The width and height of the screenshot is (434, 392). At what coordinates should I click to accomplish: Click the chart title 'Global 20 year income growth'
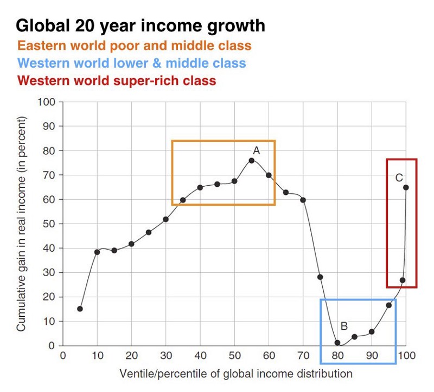click(x=141, y=25)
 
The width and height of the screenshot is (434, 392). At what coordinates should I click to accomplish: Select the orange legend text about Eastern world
click(x=135, y=45)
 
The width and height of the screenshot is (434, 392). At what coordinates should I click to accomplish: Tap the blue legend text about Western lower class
click(x=132, y=63)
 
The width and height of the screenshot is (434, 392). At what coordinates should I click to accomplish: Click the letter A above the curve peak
click(x=256, y=151)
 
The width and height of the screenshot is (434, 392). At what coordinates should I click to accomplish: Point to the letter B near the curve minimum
click(x=343, y=326)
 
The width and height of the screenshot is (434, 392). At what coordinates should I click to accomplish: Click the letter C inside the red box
click(x=399, y=178)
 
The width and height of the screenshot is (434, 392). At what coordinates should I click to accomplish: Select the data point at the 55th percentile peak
click(x=251, y=160)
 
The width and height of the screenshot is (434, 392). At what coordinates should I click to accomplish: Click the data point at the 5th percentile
click(x=80, y=309)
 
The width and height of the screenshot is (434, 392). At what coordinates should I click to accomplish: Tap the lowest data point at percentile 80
click(x=337, y=343)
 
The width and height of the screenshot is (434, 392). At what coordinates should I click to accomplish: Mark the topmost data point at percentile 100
click(x=406, y=187)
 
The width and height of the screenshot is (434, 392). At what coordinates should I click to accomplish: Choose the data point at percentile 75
click(x=320, y=277)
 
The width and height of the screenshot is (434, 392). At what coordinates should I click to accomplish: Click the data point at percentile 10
click(x=97, y=252)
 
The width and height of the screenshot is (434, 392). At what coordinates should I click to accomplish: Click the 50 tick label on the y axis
click(x=48, y=224)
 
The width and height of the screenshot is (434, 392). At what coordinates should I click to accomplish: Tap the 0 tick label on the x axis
click(x=63, y=356)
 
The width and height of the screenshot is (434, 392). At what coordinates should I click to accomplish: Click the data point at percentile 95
click(x=388, y=305)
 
